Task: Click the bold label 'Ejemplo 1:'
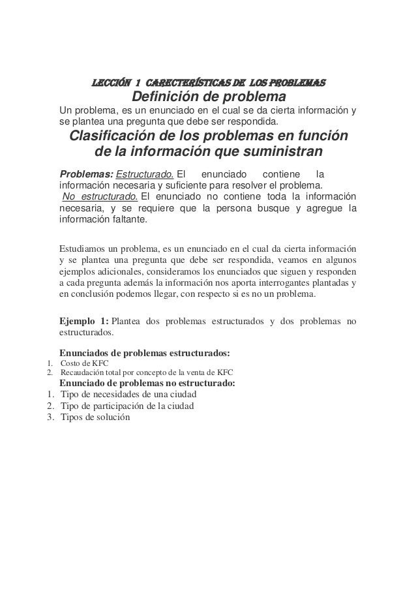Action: tap(84, 321)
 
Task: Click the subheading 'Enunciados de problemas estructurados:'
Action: tap(144, 352)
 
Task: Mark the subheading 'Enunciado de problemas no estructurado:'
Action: tap(147, 383)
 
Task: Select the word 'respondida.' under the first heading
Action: tap(250, 121)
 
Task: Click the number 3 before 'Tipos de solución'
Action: tap(50, 417)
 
